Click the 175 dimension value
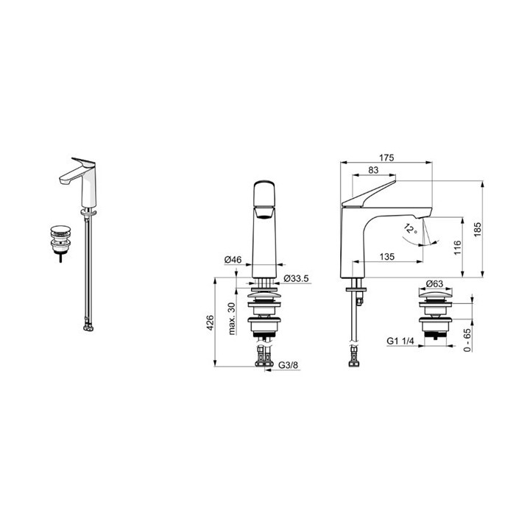[x=386, y=158]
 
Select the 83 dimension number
[x=373, y=170]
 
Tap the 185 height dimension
[x=477, y=230]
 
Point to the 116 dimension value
[x=457, y=247]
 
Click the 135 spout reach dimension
[x=386, y=257]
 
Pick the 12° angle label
[x=411, y=229]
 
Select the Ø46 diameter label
[x=233, y=260]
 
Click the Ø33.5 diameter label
[x=296, y=278]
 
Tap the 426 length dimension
[x=210, y=322]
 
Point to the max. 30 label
[x=232, y=319]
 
